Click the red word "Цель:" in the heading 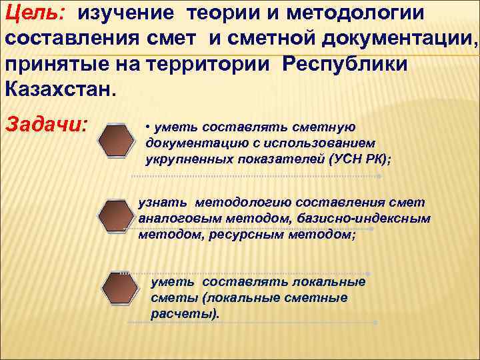[x=34, y=13]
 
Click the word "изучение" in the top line [x=127, y=13]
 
